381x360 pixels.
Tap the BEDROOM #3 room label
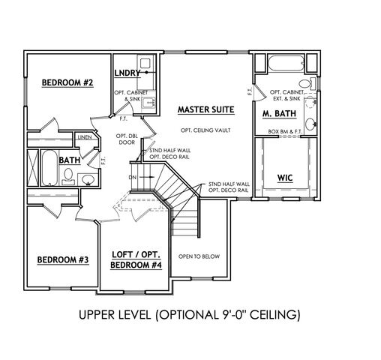tap(63, 259)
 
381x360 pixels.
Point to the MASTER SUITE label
tap(205, 109)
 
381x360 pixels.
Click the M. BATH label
tap(278, 114)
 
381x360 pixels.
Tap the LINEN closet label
tap(83, 136)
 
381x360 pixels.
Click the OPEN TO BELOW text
tap(199, 256)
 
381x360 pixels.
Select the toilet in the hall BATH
tap(67, 177)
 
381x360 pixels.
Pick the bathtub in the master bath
tap(282, 64)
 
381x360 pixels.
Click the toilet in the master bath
tap(305, 83)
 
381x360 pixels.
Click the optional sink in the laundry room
tap(148, 103)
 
